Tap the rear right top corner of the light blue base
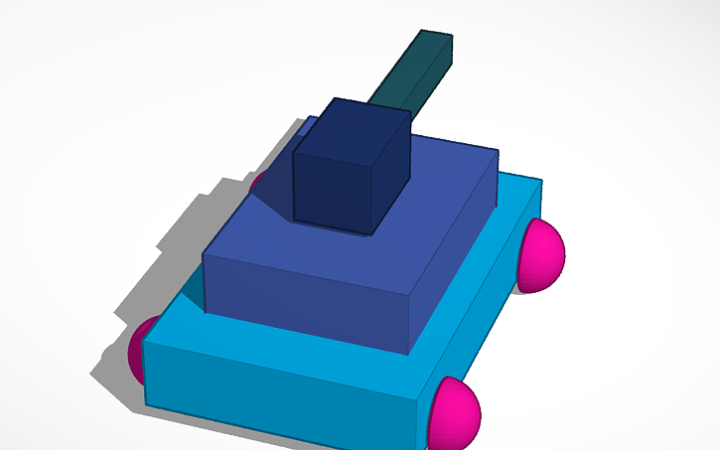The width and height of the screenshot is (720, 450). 541,181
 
